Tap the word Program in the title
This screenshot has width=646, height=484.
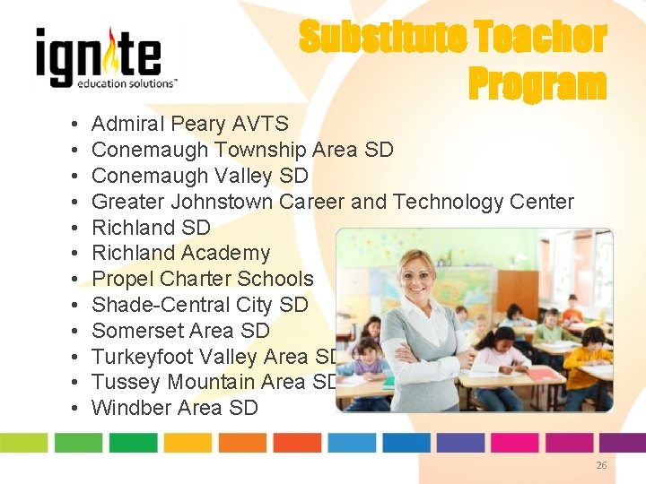[537, 84]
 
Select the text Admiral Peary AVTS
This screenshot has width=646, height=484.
[190, 124]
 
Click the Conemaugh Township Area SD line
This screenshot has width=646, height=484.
[242, 150]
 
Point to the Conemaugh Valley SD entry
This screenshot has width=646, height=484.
[199, 176]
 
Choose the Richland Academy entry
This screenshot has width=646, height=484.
[180, 254]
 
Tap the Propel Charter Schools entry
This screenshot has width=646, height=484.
[203, 280]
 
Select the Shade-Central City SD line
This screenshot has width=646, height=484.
[199, 305]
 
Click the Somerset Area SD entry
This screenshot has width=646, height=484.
[180, 331]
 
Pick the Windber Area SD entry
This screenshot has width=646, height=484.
[174, 409]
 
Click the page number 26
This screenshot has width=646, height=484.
[601, 465]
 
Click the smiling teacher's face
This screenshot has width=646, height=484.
[418, 274]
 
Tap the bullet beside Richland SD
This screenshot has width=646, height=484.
[71, 228]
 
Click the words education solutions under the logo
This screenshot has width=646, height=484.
[126, 82]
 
